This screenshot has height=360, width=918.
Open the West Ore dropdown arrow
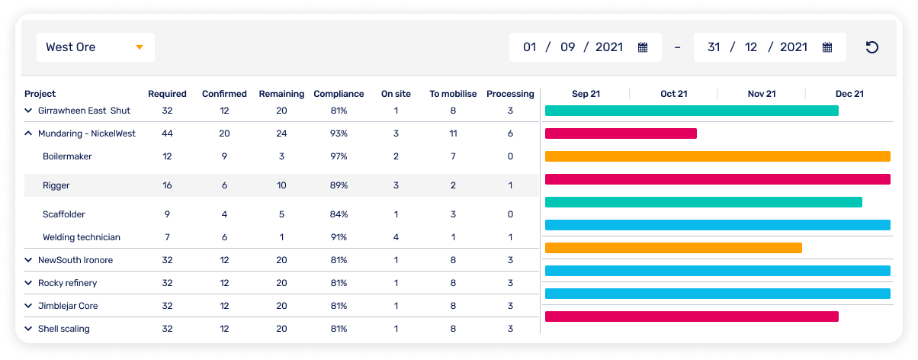[x=140, y=47]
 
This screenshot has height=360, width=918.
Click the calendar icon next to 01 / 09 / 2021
[x=643, y=47]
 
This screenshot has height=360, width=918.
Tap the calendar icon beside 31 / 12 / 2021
[x=827, y=47]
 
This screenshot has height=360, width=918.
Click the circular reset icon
[x=872, y=47]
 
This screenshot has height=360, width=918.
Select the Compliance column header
[x=339, y=94]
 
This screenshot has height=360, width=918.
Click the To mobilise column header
[x=453, y=94]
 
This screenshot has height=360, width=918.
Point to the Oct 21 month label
[x=673, y=94]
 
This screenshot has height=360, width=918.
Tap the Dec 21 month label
[x=849, y=94]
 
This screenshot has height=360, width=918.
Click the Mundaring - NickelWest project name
[x=87, y=133]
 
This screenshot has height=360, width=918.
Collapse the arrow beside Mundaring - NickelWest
[x=28, y=133]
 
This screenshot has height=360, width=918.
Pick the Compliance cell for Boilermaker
[x=339, y=156]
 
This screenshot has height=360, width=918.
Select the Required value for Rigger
[x=167, y=185]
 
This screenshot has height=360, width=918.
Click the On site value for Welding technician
[x=396, y=237]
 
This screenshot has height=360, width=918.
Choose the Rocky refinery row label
[x=68, y=283]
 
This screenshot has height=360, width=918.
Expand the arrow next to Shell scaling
[x=28, y=329]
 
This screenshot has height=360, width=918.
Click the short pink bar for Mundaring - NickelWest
[x=621, y=133]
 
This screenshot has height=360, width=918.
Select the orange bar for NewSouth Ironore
[x=673, y=248]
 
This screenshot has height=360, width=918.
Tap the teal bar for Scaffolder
[x=703, y=202]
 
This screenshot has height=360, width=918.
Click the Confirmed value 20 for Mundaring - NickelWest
[x=224, y=133]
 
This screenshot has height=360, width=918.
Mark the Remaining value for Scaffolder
[x=281, y=214]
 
